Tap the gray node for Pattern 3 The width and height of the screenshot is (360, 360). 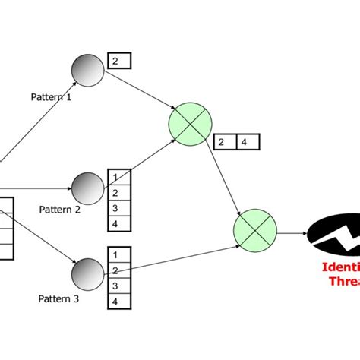89,273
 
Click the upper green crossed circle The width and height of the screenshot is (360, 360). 190,122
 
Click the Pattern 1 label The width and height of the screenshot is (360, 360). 52,97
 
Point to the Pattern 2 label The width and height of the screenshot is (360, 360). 60,210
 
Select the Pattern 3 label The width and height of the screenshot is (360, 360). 59,298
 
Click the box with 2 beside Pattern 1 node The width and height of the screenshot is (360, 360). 119,61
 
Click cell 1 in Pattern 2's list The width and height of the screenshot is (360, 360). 118,176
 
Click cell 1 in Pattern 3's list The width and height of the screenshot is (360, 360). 118,255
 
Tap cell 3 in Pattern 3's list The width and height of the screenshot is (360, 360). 118,286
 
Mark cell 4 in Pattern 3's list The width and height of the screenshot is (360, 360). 118,301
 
